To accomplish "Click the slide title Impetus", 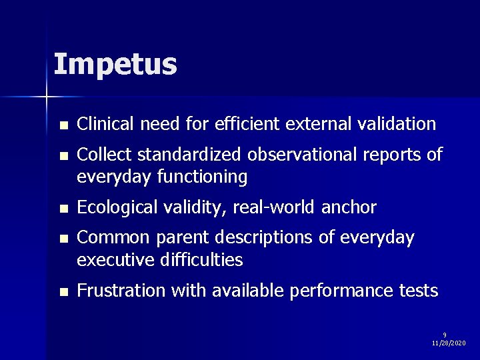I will coord(115,65).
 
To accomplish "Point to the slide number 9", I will coord(445,335).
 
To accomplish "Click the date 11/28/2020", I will coord(449,343).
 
